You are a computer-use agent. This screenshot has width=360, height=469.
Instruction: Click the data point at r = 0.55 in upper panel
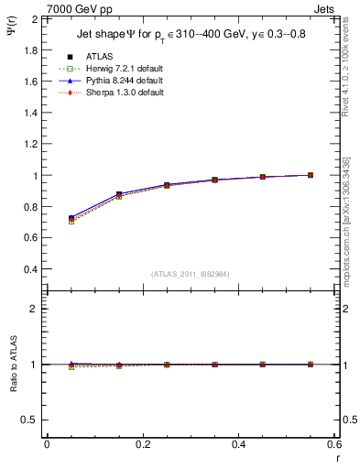(x=311, y=175)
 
